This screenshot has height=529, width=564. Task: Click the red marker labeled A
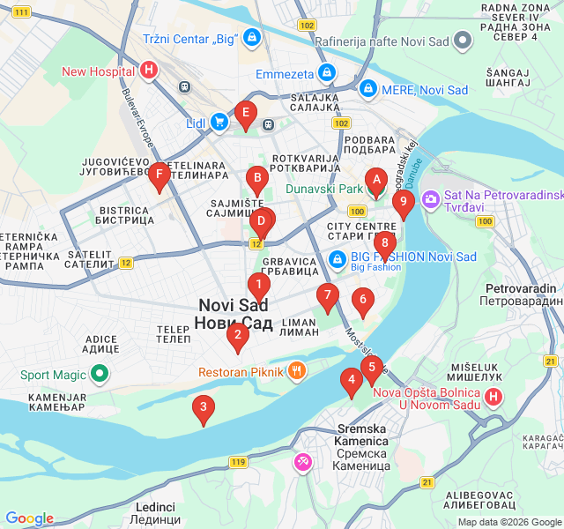pyautogui.click(x=376, y=183)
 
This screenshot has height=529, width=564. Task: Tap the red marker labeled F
pyautogui.click(x=159, y=176)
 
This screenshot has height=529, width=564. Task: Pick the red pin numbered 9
pyautogui.click(x=404, y=205)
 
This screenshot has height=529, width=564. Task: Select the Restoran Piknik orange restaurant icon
pyautogui.click(x=298, y=371)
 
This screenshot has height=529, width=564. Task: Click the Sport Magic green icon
pyautogui.click(x=100, y=375)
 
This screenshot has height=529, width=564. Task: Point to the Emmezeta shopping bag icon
pyautogui.click(x=327, y=73)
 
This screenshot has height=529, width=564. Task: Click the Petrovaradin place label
pyautogui.click(x=519, y=294)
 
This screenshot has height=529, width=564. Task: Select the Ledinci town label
pyautogui.click(x=155, y=513)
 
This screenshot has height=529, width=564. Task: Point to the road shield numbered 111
pyautogui.click(x=22, y=12)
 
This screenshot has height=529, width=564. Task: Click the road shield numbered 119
pyautogui.click(x=238, y=462)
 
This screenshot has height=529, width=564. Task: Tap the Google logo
pyautogui.click(x=29, y=518)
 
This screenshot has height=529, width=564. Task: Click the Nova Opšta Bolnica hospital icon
pyautogui.click(x=493, y=397)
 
